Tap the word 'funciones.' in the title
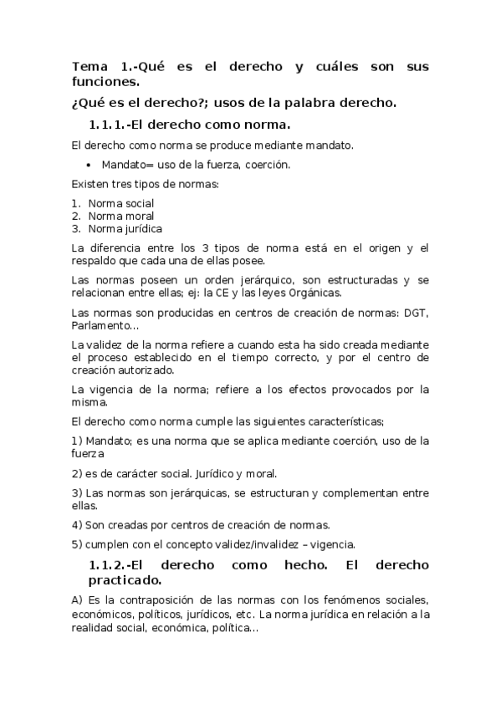click(x=106, y=82)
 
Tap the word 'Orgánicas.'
click(x=313, y=293)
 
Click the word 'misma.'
click(x=88, y=402)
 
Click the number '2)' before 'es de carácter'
click(x=78, y=473)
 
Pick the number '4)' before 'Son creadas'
click(x=78, y=525)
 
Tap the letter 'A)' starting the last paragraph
click(x=78, y=600)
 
